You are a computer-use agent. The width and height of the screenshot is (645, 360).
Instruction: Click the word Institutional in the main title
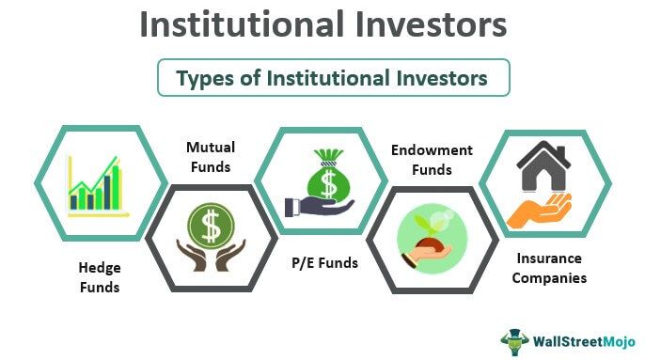coord(239,25)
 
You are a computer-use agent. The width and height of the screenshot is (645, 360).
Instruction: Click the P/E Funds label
coord(324,263)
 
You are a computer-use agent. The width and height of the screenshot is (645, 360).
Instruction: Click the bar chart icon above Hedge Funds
coord(95,185)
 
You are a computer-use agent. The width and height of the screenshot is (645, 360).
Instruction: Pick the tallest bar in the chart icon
coord(117,187)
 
